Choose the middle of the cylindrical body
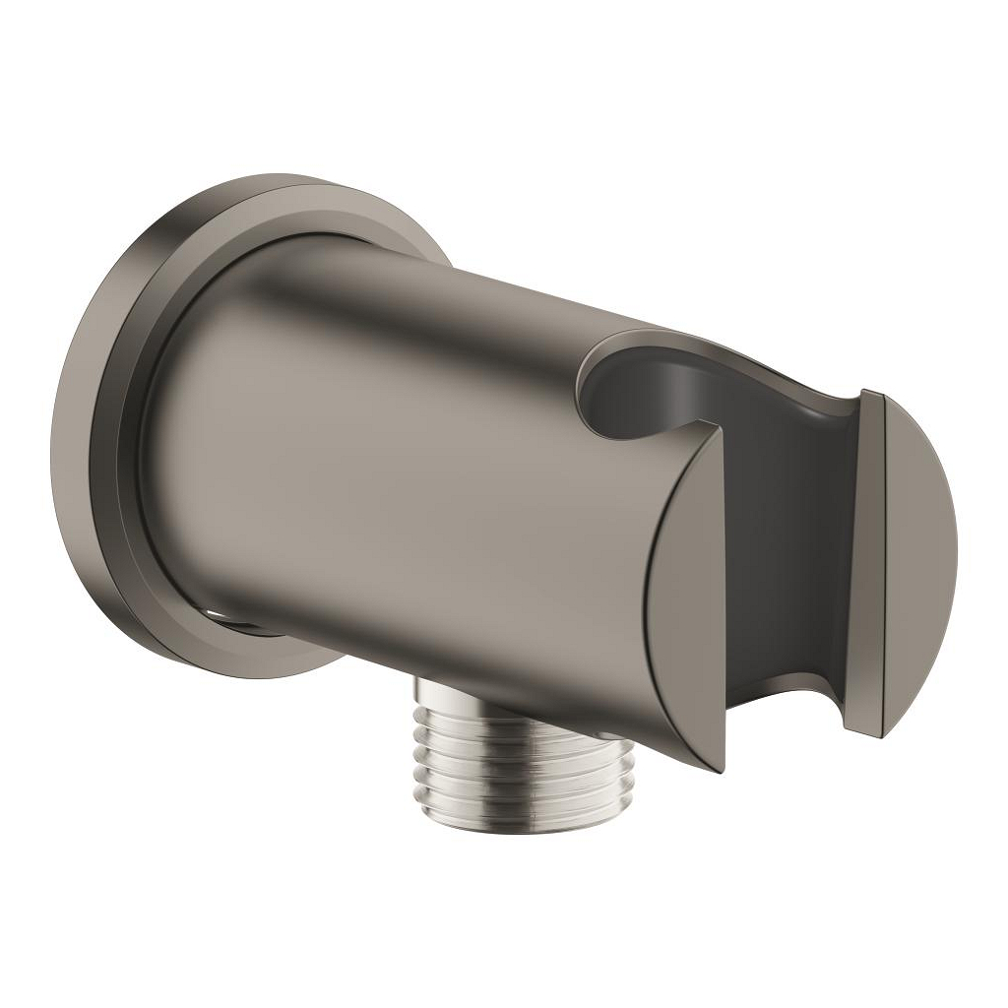click(x=413, y=472)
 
